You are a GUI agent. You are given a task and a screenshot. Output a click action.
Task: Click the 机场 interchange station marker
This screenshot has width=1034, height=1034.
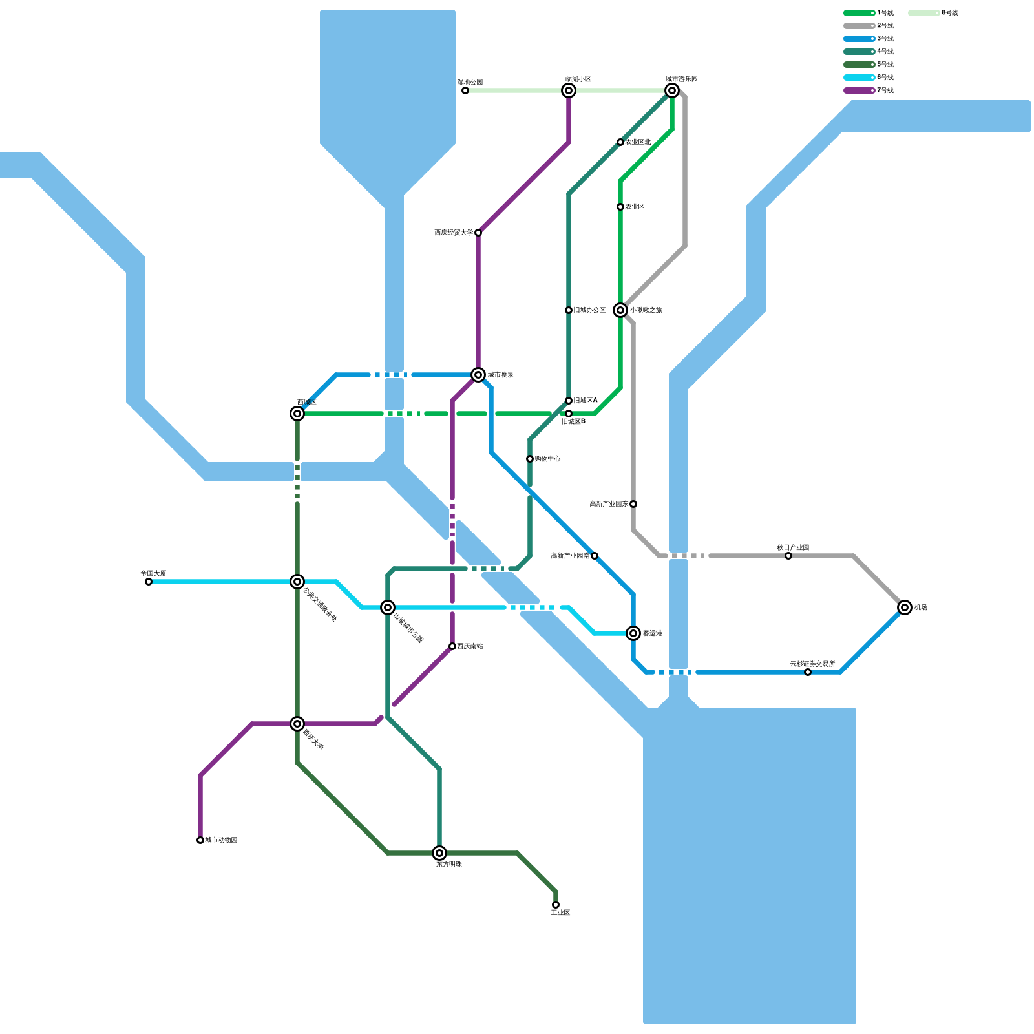tap(905, 607)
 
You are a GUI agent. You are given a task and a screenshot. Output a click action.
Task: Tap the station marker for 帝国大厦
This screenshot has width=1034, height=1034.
tap(149, 582)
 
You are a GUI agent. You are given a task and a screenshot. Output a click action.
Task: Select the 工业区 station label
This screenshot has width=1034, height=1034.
tap(560, 913)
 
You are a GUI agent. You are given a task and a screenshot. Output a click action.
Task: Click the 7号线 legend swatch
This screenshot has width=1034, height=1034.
tap(859, 90)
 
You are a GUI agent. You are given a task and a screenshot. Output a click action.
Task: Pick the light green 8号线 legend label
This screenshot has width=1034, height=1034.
tap(949, 13)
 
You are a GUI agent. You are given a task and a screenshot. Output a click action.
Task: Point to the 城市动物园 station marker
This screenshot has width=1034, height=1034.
tap(200, 840)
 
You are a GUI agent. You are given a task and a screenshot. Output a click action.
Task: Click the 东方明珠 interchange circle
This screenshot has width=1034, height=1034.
tap(439, 853)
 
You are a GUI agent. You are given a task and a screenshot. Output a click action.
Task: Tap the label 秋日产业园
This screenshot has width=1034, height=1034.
tap(793, 547)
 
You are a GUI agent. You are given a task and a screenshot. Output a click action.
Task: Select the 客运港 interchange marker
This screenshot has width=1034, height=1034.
tap(633, 633)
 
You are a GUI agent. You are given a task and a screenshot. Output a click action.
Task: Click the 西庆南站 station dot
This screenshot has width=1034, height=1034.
tap(452, 646)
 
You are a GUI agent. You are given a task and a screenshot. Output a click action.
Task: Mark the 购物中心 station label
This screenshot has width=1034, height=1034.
tap(547, 459)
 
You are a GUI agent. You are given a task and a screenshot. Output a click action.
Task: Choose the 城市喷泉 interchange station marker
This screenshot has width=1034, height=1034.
tap(478, 375)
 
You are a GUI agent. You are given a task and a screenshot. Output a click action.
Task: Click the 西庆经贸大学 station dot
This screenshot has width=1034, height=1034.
tap(478, 233)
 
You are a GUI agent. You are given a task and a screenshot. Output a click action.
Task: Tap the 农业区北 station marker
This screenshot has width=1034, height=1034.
tap(620, 142)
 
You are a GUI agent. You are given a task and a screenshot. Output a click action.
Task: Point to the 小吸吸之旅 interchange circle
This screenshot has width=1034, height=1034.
tap(620, 310)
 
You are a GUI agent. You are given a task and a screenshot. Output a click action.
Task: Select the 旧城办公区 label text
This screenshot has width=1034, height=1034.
tap(589, 310)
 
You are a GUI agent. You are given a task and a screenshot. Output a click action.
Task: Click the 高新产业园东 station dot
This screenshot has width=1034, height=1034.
tap(633, 504)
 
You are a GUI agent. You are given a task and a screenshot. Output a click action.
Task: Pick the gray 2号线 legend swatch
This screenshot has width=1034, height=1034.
tap(859, 26)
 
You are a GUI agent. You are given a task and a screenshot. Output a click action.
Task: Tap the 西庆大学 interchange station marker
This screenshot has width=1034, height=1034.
tap(297, 724)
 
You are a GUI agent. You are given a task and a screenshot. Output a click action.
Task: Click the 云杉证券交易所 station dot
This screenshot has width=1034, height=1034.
tap(808, 672)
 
